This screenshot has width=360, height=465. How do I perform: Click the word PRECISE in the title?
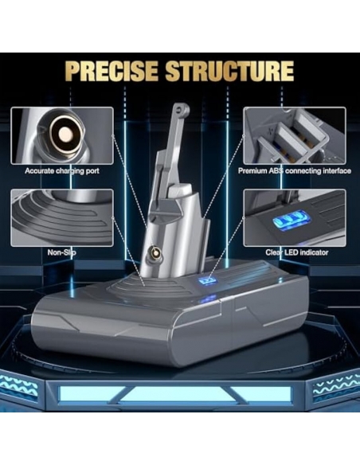pos(112,71)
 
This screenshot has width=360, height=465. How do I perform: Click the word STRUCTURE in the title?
pos(229,71)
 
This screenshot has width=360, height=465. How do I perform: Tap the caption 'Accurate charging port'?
pos(62,171)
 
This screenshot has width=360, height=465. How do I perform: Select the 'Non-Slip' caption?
pos(61,252)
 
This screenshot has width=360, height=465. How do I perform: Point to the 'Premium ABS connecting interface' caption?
pos(295,171)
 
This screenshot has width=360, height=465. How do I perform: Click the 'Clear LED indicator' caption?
pos(297,252)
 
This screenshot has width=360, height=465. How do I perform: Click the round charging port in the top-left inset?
pos(65,135)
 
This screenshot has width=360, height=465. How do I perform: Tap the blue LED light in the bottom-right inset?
pos(292,221)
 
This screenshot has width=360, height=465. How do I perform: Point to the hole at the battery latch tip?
pos(179,108)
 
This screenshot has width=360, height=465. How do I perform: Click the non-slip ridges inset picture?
pos(62,218)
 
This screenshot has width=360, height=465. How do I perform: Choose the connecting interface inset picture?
pos(295,136)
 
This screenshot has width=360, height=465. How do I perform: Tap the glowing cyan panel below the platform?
pos(175,393)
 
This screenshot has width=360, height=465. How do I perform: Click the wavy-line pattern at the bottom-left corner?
pos(19,385)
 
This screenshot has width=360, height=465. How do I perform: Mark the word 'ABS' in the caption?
pos(277,171)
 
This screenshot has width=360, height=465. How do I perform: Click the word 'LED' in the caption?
pos(292,252)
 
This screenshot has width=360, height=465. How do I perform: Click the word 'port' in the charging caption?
pos(92,171)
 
